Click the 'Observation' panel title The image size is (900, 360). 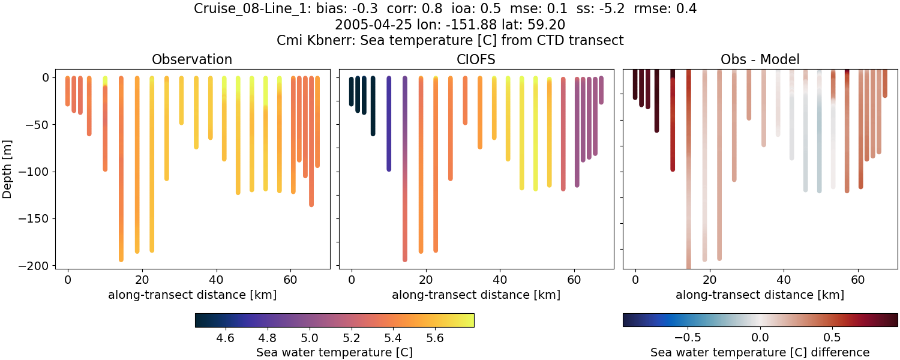pos(192,59)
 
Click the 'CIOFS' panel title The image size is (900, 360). pos(476,59)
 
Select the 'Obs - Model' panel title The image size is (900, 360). pos(760,59)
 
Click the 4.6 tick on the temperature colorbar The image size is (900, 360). pos(226,338)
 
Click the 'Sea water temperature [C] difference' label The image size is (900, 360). pos(760,352)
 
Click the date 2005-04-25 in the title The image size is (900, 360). pos(368,25)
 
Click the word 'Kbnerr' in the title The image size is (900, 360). pos(330,40)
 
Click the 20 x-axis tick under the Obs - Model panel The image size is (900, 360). pos(709,280)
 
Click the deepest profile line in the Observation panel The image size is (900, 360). pos(121,180)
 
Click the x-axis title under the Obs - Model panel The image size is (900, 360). pos(760,295)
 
